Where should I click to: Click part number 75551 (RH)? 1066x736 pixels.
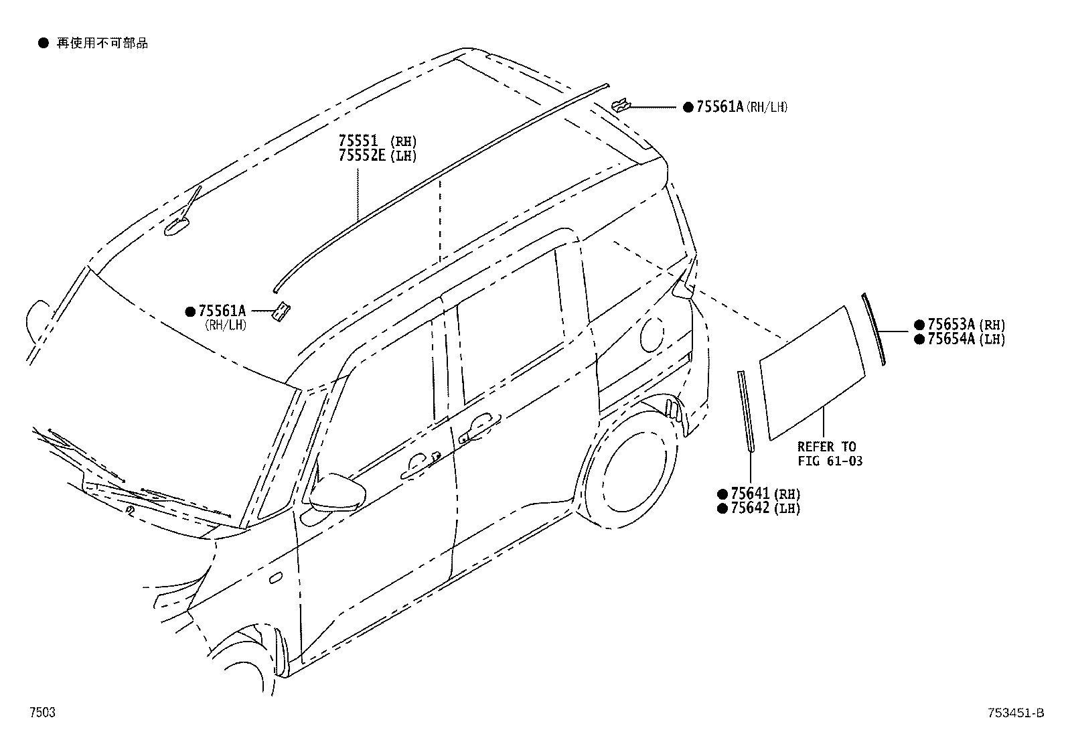pos(378,141)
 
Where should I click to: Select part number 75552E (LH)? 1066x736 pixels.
pos(378,155)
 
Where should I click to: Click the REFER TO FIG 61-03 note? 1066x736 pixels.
pos(830,453)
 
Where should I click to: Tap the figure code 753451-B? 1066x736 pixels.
pos(1016,713)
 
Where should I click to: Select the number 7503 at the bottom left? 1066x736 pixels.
pos(42,712)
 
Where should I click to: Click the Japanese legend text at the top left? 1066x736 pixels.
pos(102,44)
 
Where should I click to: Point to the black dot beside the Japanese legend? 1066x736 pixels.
pos(44,44)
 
